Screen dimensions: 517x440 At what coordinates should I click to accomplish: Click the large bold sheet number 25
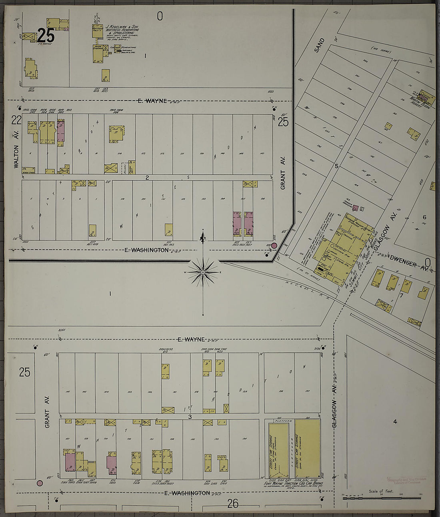(x=46, y=36)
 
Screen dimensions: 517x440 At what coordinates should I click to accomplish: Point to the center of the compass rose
(x=203, y=273)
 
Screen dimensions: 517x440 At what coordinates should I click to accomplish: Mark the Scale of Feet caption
(x=381, y=491)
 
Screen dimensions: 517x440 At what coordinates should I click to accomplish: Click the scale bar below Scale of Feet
(x=381, y=498)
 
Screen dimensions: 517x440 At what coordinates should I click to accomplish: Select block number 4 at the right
(x=395, y=421)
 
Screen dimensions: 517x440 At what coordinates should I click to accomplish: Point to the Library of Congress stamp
(x=407, y=480)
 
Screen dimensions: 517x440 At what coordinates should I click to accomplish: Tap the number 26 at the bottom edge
(x=232, y=504)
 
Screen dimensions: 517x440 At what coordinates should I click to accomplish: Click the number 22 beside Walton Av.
(x=16, y=120)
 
